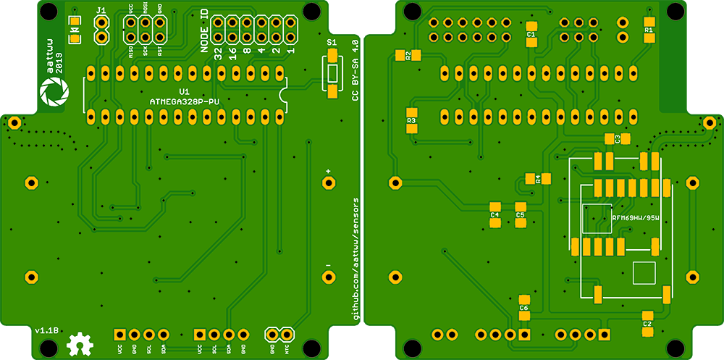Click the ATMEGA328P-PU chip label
(x=184, y=102)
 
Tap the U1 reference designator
(x=184, y=92)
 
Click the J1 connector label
(x=101, y=10)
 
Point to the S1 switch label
(x=332, y=43)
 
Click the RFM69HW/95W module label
(x=635, y=217)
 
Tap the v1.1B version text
(x=46, y=330)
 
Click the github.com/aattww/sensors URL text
(x=355, y=257)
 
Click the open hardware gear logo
(x=78, y=344)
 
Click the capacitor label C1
(x=531, y=34)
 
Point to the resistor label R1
(x=649, y=30)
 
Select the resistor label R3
(x=411, y=120)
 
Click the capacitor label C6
(x=524, y=308)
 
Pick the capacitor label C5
(x=520, y=215)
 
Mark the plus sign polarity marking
(x=328, y=171)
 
